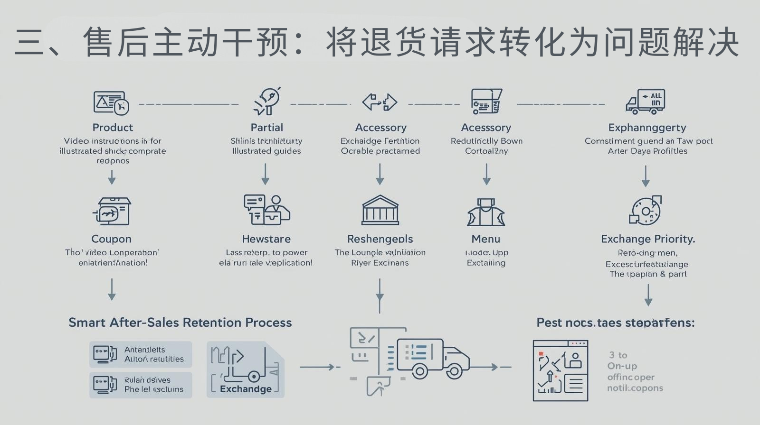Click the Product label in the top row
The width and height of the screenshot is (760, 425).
pyautogui.click(x=113, y=128)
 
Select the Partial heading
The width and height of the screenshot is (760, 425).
pyautogui.click(x=266, y=128)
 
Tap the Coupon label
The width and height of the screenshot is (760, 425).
pyautogui.click(x=111, y=239)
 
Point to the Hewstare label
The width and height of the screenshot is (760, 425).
pyautogui.click(x=266, y=239)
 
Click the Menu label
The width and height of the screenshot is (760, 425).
pyautogui.click(x=485, y=239)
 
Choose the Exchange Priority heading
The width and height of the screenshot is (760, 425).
pyautogui.click(x=648, y=239)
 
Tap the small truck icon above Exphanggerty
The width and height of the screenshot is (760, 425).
pyautogui.click(x=645, y=102)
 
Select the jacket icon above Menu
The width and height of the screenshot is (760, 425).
pyautogui.click(x=485, y=212)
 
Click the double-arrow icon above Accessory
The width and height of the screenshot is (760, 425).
pyautogui.click(x=380, y=102)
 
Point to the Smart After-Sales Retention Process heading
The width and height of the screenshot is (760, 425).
pyautogui.click(x=180, y=323)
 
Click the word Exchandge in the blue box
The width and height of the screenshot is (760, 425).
pyautogui.click(x=246, y=389)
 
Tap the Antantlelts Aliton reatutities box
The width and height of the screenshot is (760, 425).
pyautogui.click(x=141, y=354)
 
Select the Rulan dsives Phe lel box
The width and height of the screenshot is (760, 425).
pyautogui.click(x=141, y=385)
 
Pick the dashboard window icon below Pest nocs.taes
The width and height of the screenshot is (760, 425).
pyautogui.click(x=560, y=370)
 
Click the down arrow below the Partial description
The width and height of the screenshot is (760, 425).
pyautogui.click(x=266, y=174)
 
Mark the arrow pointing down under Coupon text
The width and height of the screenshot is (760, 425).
pyautogui.click(x=112, y=289)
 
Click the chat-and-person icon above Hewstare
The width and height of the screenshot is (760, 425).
pyautogui.click(x=266, y=209)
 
